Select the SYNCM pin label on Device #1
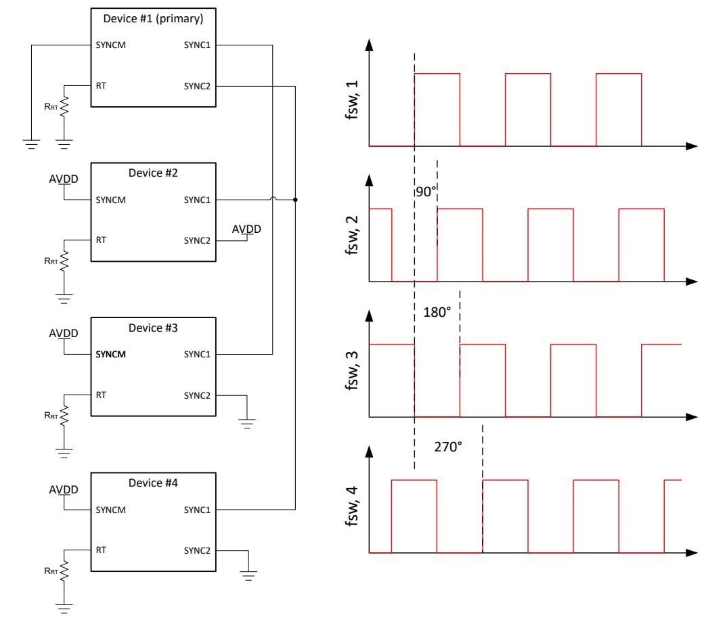click(111, 45)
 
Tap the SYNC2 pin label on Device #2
click(197, 240)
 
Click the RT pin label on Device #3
click(101, 394)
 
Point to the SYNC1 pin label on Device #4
click(197, 509)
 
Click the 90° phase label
click(424, 192)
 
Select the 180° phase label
click(437, 313)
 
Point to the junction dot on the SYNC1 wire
click(295, 200)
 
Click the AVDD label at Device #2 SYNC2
click(246, 229)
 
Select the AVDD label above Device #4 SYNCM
click(64, 489)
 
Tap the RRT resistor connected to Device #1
click(65, 106)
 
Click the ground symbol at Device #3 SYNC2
click(247, 424)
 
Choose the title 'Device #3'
click(153, 328)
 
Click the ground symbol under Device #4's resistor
click(65, 608)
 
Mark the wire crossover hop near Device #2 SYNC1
click(273, 199)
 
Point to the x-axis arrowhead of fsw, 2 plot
click(691, 281)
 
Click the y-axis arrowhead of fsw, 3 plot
click(369, 316)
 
